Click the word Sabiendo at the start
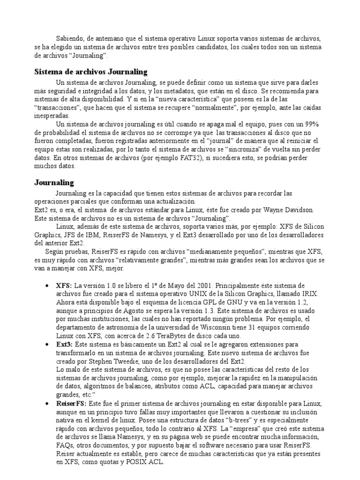click(70, 38)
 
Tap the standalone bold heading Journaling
click(54, 182)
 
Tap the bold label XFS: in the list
click(64, 285)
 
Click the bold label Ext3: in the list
click(64, 345)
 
